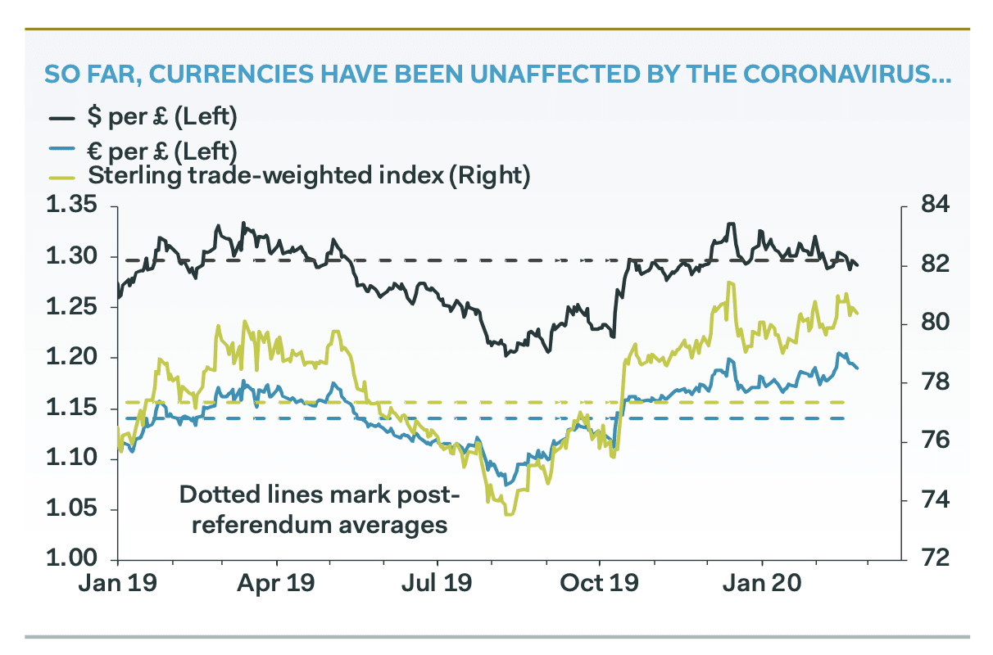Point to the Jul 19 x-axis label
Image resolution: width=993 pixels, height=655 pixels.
439,587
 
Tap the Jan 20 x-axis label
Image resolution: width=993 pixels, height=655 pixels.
763,587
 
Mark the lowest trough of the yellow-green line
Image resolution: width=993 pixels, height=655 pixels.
509,514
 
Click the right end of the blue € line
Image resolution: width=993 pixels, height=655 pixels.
858,368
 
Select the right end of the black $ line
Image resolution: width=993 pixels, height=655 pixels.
858,266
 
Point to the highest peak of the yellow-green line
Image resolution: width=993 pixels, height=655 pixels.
728,282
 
